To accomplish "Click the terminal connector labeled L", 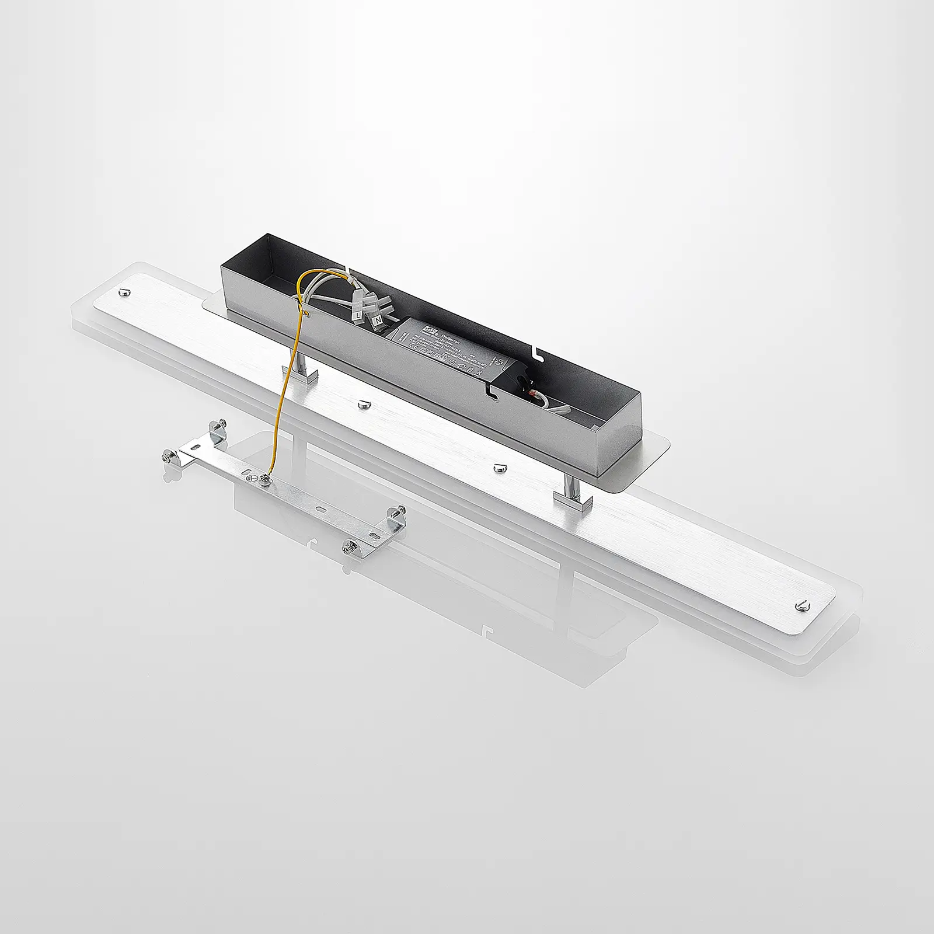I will click(358, 316).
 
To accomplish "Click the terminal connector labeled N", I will click(378, 320).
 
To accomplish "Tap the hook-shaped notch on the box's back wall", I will click(537, 352).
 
